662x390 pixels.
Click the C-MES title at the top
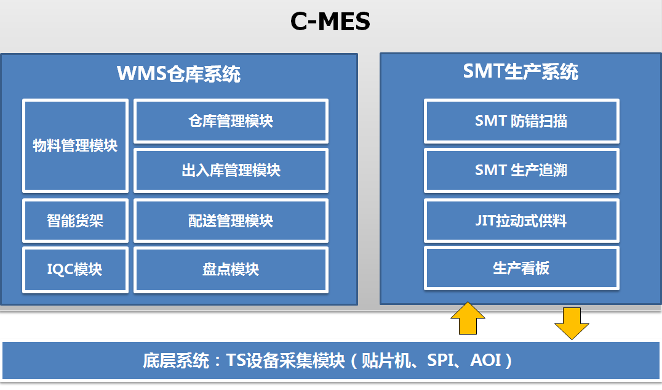(330, 21)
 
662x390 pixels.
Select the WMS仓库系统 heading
(178, 73)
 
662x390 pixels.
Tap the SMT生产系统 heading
(520, 71)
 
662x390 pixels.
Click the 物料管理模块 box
(75, 145)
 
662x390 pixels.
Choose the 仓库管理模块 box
(231, 121)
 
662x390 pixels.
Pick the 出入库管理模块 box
(231, 170)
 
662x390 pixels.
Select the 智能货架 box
(75, 221)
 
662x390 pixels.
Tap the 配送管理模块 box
(231, 221)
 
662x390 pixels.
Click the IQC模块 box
(75, 269)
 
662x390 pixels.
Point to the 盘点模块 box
(231, 269)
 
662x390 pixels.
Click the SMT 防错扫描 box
(521, 121)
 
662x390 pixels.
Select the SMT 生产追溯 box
(521, 170)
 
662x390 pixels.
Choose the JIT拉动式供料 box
(521, 221)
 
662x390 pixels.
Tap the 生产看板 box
(521, 268)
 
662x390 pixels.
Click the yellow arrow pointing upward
(468, 318)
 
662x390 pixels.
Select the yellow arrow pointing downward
(572, 323)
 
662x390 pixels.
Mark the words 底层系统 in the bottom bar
(176, 360)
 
